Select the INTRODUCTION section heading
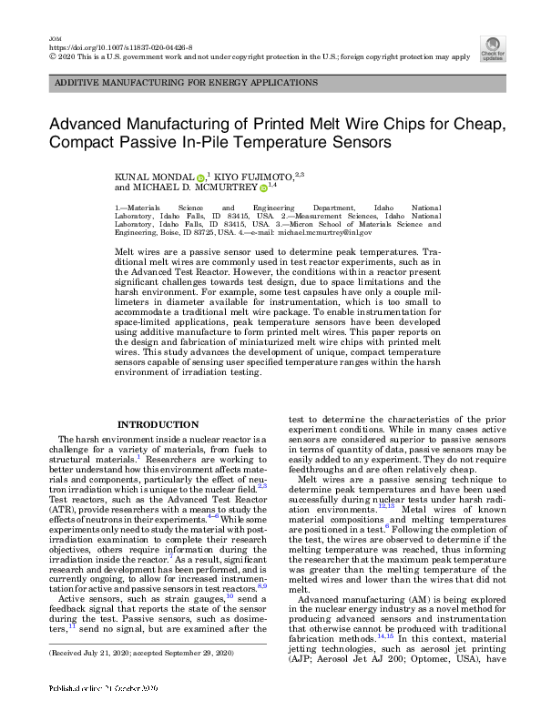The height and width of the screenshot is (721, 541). tap(158, 424)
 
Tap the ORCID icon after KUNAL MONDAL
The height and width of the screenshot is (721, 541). tap(200, 176)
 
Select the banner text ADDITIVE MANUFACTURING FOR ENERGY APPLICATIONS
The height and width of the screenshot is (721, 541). tap(187, 83)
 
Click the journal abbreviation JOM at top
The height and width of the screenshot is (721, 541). tap(53, 37)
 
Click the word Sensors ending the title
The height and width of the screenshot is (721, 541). tap(351, 142)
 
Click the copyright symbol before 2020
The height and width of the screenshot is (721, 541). tap(50, 56)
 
